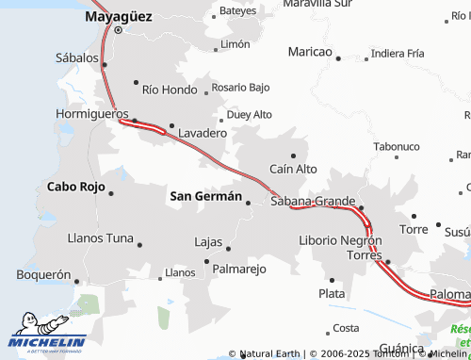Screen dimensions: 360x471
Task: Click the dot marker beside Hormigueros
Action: pos(135,121)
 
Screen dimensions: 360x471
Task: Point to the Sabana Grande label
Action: pos(312,201)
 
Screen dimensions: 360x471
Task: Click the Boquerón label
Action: pos(44,275)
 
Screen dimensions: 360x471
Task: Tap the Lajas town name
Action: pos(207,241)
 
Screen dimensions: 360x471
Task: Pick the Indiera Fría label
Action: pos(398,54)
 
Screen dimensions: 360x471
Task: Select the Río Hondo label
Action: pos(170,90)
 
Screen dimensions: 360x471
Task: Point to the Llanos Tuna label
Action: pos(101,237)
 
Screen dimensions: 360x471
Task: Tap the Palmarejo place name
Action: pos(239,269)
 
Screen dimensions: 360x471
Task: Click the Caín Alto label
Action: pos(293,169)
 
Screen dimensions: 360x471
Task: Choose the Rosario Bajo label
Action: pos(240,88)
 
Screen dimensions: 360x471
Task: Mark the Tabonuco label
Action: pos(396,147)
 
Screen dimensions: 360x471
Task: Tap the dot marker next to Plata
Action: pos(332,280)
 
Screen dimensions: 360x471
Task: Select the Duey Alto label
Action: pos(249,115)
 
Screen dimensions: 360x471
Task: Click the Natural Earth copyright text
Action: pos(268,354)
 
